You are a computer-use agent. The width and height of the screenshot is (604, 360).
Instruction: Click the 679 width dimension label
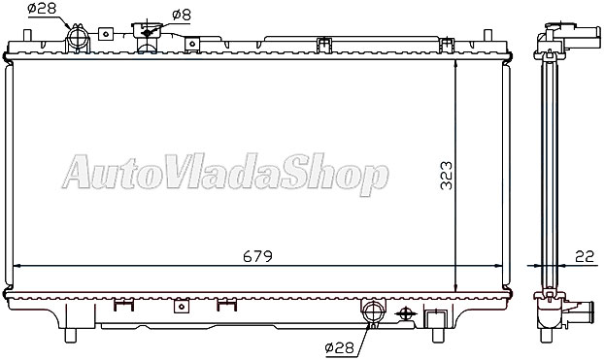pyautogui.click(x=257, y=256)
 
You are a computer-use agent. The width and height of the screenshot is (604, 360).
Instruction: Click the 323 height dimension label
pyautogui.click(x=447, y=176)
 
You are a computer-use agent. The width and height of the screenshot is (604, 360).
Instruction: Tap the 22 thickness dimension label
pyautogui.click(x=585, y=256)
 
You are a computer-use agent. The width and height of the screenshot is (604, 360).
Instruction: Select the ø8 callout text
pyautogui.click(x=182, y=15)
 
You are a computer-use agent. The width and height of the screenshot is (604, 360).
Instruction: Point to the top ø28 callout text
pyautogui.click(x=42, y=8)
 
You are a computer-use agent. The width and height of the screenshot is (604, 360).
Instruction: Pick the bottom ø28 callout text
pyautogui.click(x=339, y=348)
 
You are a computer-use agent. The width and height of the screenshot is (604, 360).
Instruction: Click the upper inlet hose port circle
pyautogui.click(x=78, y=37)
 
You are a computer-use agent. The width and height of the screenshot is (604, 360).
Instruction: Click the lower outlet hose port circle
pyautogui.click(x=373, y=311)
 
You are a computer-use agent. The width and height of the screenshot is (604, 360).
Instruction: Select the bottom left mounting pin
pyautogui.click(x=71, y=335)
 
